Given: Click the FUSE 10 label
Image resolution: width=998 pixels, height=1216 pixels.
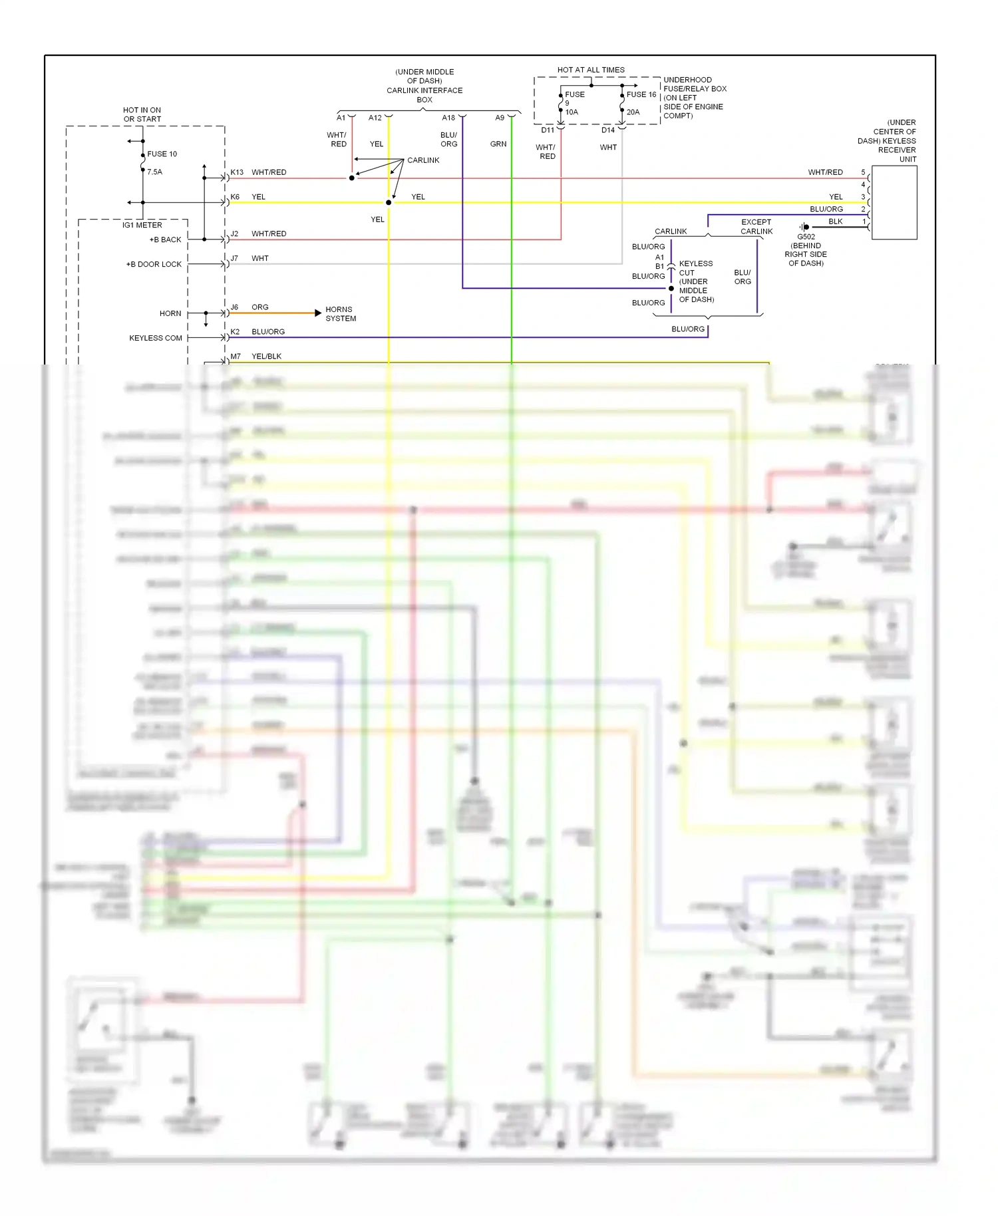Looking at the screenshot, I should pos(162,154).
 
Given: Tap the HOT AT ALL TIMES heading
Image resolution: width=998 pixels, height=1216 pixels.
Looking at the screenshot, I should pos(591,70).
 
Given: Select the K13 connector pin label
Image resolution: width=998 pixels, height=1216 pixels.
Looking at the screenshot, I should pos(237,172).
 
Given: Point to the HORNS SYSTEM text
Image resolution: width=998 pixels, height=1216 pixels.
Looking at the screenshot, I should pos(340,314).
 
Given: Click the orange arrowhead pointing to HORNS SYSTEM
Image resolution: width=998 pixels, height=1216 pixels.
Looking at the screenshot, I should pos(318,313).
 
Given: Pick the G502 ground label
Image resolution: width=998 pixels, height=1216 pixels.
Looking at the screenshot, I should pos(806,237).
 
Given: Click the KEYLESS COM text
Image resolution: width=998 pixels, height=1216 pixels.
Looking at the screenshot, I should pos(155,338).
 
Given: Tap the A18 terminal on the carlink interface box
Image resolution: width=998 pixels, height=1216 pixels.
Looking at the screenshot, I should pos(448,118).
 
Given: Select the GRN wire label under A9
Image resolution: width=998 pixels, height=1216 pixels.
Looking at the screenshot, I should pos(498,144).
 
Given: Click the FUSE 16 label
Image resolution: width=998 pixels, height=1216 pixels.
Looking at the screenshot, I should pos(641,94).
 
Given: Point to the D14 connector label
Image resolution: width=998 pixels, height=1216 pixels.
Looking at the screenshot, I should pos(608,130).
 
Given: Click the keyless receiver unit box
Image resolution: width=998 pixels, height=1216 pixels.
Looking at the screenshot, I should pos(894,202).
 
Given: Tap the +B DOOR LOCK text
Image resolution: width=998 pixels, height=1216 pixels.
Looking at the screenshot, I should pos(154,264).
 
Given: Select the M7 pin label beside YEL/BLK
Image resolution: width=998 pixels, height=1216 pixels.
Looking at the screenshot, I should pos(236,357).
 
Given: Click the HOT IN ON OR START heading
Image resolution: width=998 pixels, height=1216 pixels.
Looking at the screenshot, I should pos(142,114).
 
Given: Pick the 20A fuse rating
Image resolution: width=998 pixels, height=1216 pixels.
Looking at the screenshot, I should pos(633,112).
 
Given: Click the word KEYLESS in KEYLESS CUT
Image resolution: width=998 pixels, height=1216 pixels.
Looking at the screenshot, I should pos(695,264).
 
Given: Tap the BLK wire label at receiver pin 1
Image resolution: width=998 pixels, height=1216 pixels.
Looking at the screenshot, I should pos(836,222).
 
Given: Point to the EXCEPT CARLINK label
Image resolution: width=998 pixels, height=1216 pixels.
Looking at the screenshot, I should pos(756,227).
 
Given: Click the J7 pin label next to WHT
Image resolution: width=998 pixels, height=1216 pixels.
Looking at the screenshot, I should pos(234,258).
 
